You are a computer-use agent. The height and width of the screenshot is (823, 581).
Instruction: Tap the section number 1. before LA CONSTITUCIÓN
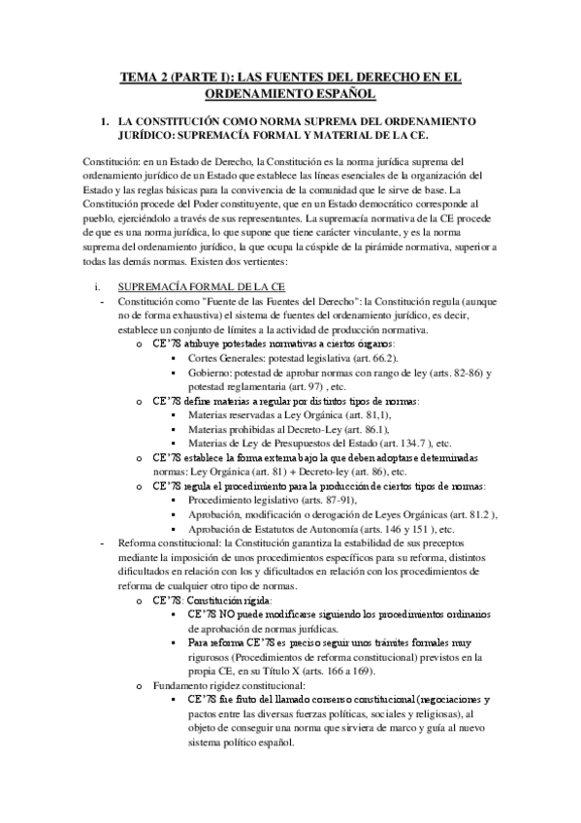[x=120, y=121]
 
